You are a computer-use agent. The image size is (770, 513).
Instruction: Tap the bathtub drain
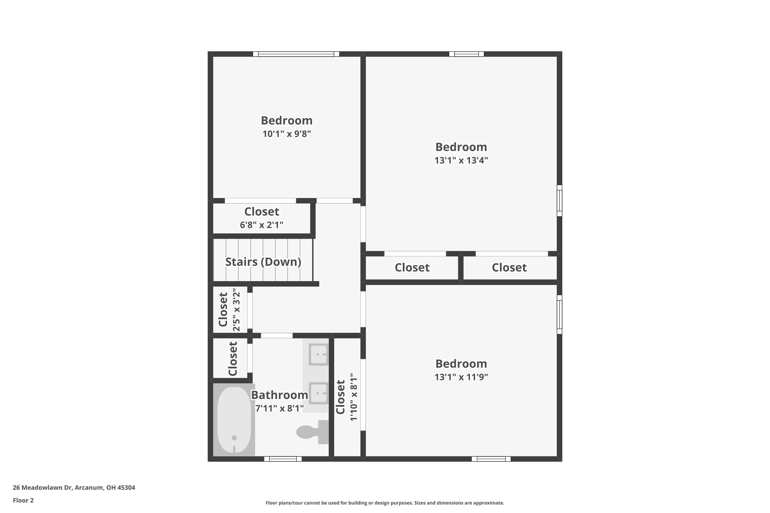(x=234, y=438)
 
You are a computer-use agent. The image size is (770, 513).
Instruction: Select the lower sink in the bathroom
(x=318, y=393)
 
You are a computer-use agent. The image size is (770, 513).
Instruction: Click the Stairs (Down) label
(x=263, y=262)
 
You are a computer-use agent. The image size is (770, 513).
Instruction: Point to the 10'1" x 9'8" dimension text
(x=286, y=134)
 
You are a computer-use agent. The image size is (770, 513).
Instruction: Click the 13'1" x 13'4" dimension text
(x=461, y=160)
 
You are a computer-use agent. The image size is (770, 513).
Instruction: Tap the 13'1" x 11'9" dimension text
(x=461, y=377)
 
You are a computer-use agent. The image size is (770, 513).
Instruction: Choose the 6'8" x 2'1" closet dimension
(x=261, y=225)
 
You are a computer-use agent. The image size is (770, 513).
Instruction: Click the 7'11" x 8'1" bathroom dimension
(x=279, y=408)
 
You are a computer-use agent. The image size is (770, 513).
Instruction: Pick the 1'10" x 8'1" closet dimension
(x=354, y=397)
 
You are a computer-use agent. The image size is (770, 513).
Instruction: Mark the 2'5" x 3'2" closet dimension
(x=236, y=310)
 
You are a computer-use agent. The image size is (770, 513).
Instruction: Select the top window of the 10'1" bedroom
(x=296, y=54)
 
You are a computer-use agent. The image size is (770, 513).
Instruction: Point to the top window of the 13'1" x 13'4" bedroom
(x=466, y=54)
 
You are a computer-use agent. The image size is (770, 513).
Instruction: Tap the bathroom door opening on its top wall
(x=276, y=335)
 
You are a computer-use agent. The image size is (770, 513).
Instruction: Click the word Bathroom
(x=279, y=395)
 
